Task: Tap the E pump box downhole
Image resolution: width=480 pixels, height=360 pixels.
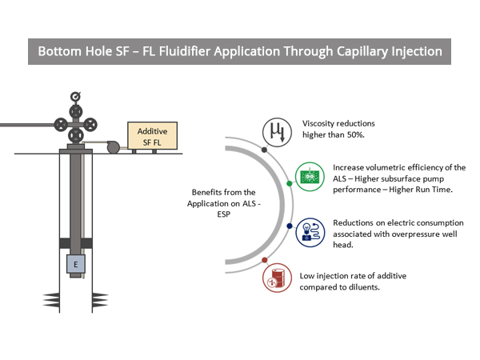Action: (77, 264)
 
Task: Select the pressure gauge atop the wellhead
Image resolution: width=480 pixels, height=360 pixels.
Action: (75, 97)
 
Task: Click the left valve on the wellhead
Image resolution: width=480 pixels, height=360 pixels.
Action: (59, 125)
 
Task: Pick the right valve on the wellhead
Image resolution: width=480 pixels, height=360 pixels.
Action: (91, 125)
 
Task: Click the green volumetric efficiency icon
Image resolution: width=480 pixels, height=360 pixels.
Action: (309, 175)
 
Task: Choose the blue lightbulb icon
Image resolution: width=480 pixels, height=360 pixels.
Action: (309, 230)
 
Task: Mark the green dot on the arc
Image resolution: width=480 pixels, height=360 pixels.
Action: (289, 183)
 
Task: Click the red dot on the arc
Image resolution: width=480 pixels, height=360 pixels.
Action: (264, 261)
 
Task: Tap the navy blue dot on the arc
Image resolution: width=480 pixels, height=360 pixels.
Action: (289, 226)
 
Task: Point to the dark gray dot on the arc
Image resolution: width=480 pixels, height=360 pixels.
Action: (264, 149)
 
